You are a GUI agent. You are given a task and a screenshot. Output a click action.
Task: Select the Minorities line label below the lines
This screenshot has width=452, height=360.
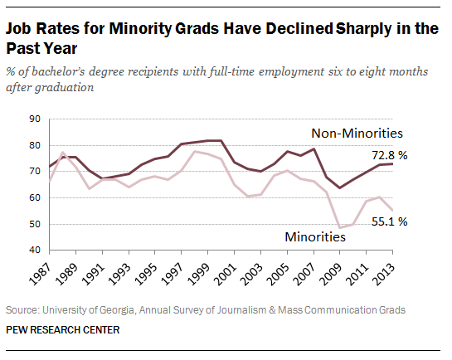pyautogui.click(x=315, y=236)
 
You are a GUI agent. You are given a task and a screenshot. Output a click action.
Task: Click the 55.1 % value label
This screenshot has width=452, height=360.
pyautogui.click(x=411, y=221)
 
